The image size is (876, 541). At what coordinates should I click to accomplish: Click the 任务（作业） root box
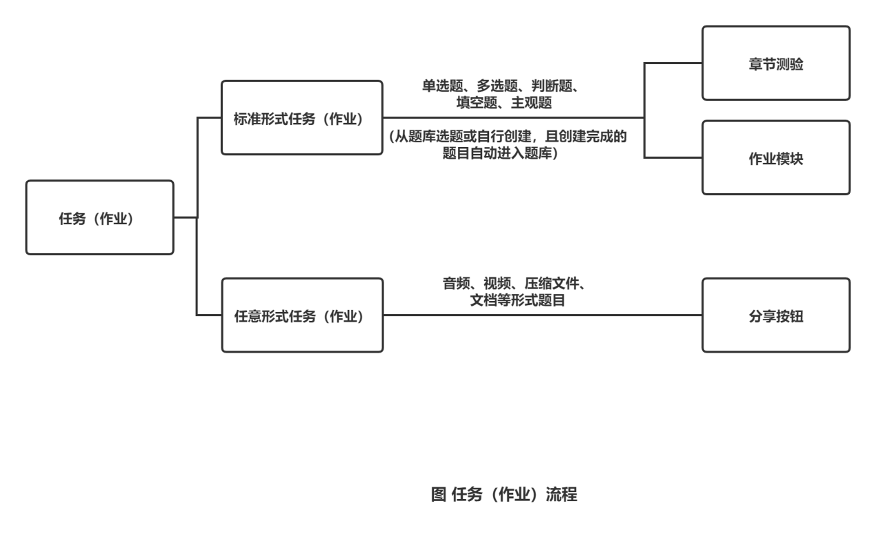tap(99, 218)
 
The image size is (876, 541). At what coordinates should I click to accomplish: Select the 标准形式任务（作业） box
tap(301, 118)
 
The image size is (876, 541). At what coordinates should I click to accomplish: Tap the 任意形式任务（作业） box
tap(301, 315)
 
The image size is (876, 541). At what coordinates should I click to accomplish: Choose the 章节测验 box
tap(776, 63)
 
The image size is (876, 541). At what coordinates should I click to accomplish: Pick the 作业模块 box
tap(776, 158)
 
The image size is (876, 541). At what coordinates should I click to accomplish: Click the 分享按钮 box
tap(776, 315)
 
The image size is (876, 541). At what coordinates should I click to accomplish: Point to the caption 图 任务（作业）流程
tap(504, 494)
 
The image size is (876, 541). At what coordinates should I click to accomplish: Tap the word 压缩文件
tap(549, 284)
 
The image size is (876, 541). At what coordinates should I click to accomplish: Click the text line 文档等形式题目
tap(517, 300)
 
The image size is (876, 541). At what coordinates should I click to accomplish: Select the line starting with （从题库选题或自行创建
tap(507, 137)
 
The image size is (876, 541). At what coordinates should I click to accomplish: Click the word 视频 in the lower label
tap(497, 284)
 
